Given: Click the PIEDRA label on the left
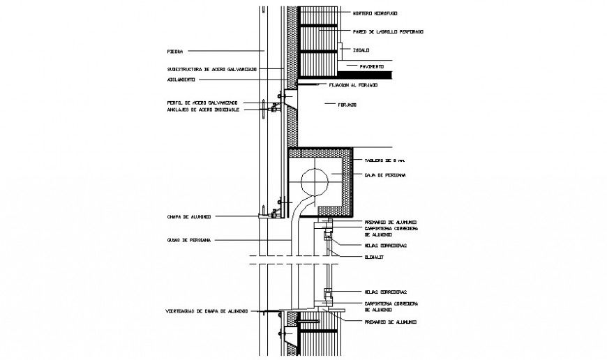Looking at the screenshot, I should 175,51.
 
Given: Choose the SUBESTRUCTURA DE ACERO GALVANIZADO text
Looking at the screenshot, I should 212,70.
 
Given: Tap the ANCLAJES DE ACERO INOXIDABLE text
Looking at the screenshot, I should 204,110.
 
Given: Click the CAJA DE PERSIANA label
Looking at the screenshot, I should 382,175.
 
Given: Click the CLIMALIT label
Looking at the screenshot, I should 375,257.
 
